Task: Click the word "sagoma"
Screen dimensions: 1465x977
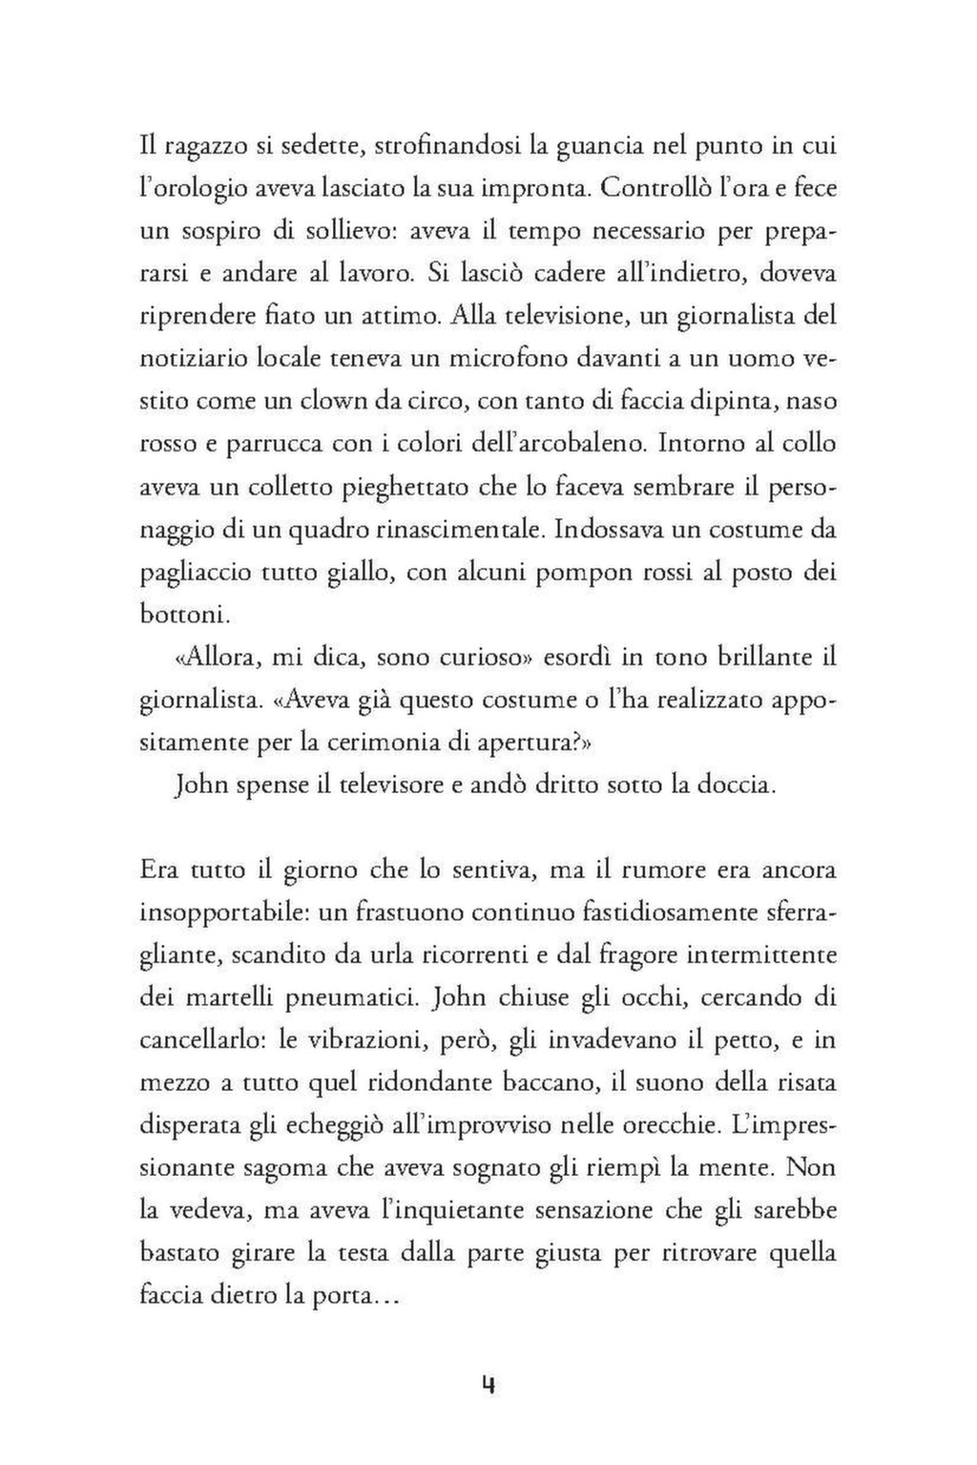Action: pos(281,1168)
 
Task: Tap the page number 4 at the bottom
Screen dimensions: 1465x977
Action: pos(488,1386)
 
